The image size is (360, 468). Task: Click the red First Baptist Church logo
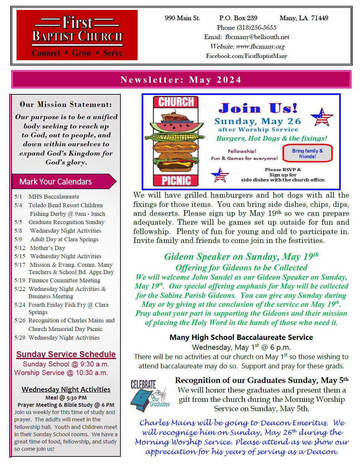[77, 35]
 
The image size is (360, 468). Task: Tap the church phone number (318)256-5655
[247, 27]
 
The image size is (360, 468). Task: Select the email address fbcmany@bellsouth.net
[257, 37]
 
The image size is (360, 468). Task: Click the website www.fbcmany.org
[260, 46]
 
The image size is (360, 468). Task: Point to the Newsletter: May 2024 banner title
[181, 80]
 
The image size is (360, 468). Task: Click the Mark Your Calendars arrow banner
[63, 181]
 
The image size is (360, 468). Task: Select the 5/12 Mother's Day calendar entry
[40, 248]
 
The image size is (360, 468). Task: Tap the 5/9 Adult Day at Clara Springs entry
[57, 239]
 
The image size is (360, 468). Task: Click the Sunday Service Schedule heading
[66, 354]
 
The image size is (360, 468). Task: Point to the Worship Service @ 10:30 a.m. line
[61, 373]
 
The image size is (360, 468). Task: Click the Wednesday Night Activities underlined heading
[66, 389]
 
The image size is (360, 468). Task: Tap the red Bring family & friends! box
[307, 153]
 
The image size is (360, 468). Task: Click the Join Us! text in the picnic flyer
[258, 108]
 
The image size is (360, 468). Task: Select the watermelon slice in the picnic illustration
[176, 127]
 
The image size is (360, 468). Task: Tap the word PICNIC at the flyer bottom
[176, 180]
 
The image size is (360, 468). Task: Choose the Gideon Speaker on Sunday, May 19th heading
[241, 257]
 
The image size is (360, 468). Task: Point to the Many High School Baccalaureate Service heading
[241, 337]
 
